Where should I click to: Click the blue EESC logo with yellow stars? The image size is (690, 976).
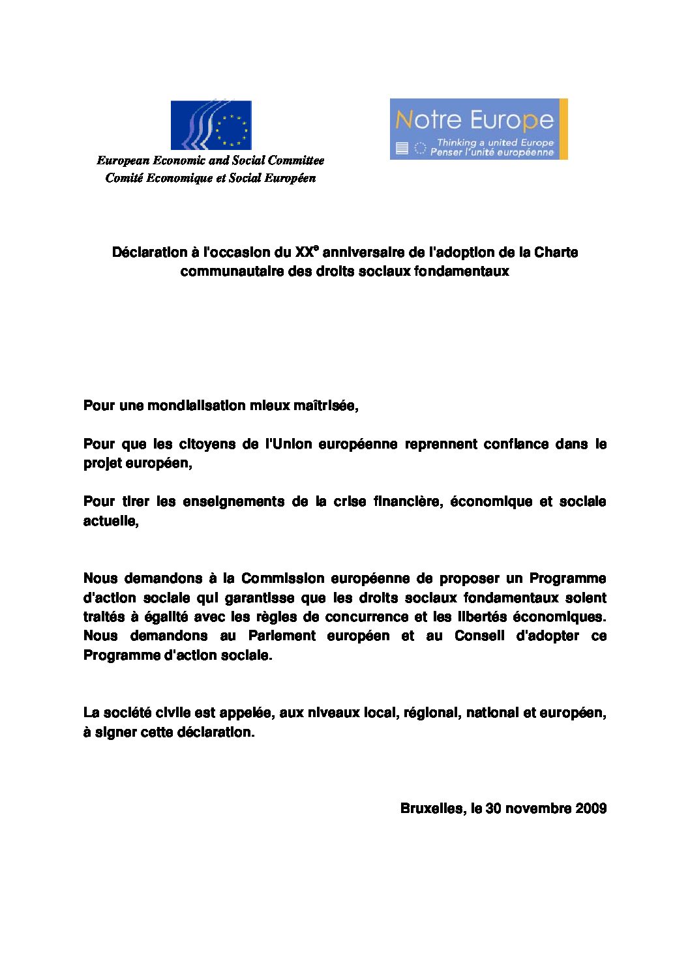[211, 125]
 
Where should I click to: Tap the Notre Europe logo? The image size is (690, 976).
[479, 129]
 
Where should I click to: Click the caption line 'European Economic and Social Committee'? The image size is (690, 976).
[210, 160]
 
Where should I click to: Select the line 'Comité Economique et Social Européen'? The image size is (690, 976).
[210, 178]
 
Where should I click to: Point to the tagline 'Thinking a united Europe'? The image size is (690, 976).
[495, 142]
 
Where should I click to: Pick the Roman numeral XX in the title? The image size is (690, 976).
[304, 252]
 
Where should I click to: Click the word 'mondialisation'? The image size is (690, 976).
[190, 406]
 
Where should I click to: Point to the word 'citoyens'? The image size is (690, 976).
[209, 445]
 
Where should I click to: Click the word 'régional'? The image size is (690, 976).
[430, 713]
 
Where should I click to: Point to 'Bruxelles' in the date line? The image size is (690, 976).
[431, 808]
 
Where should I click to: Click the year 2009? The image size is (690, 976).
[591, 808]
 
